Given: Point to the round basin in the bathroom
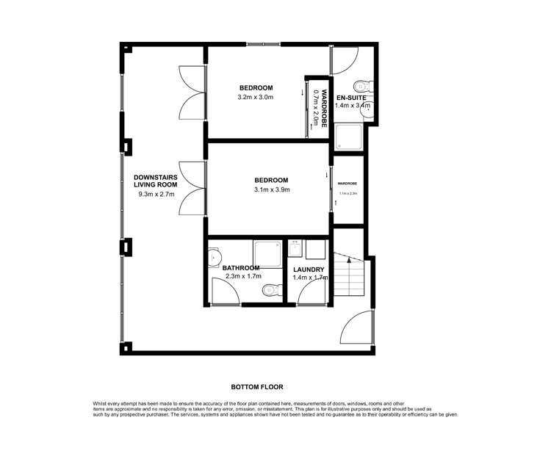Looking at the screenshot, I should click(215, 259).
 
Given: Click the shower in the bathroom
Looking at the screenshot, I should click(267, 251).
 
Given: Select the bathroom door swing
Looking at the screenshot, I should click(223, 292).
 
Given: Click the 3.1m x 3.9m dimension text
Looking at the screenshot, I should click(272, 190).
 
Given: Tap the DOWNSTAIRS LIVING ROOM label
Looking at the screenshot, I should click(154, 181).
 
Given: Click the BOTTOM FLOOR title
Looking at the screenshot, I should click(257, 387).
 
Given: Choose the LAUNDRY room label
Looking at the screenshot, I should click(309, 270).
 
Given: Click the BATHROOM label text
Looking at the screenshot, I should click(241, 267).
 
